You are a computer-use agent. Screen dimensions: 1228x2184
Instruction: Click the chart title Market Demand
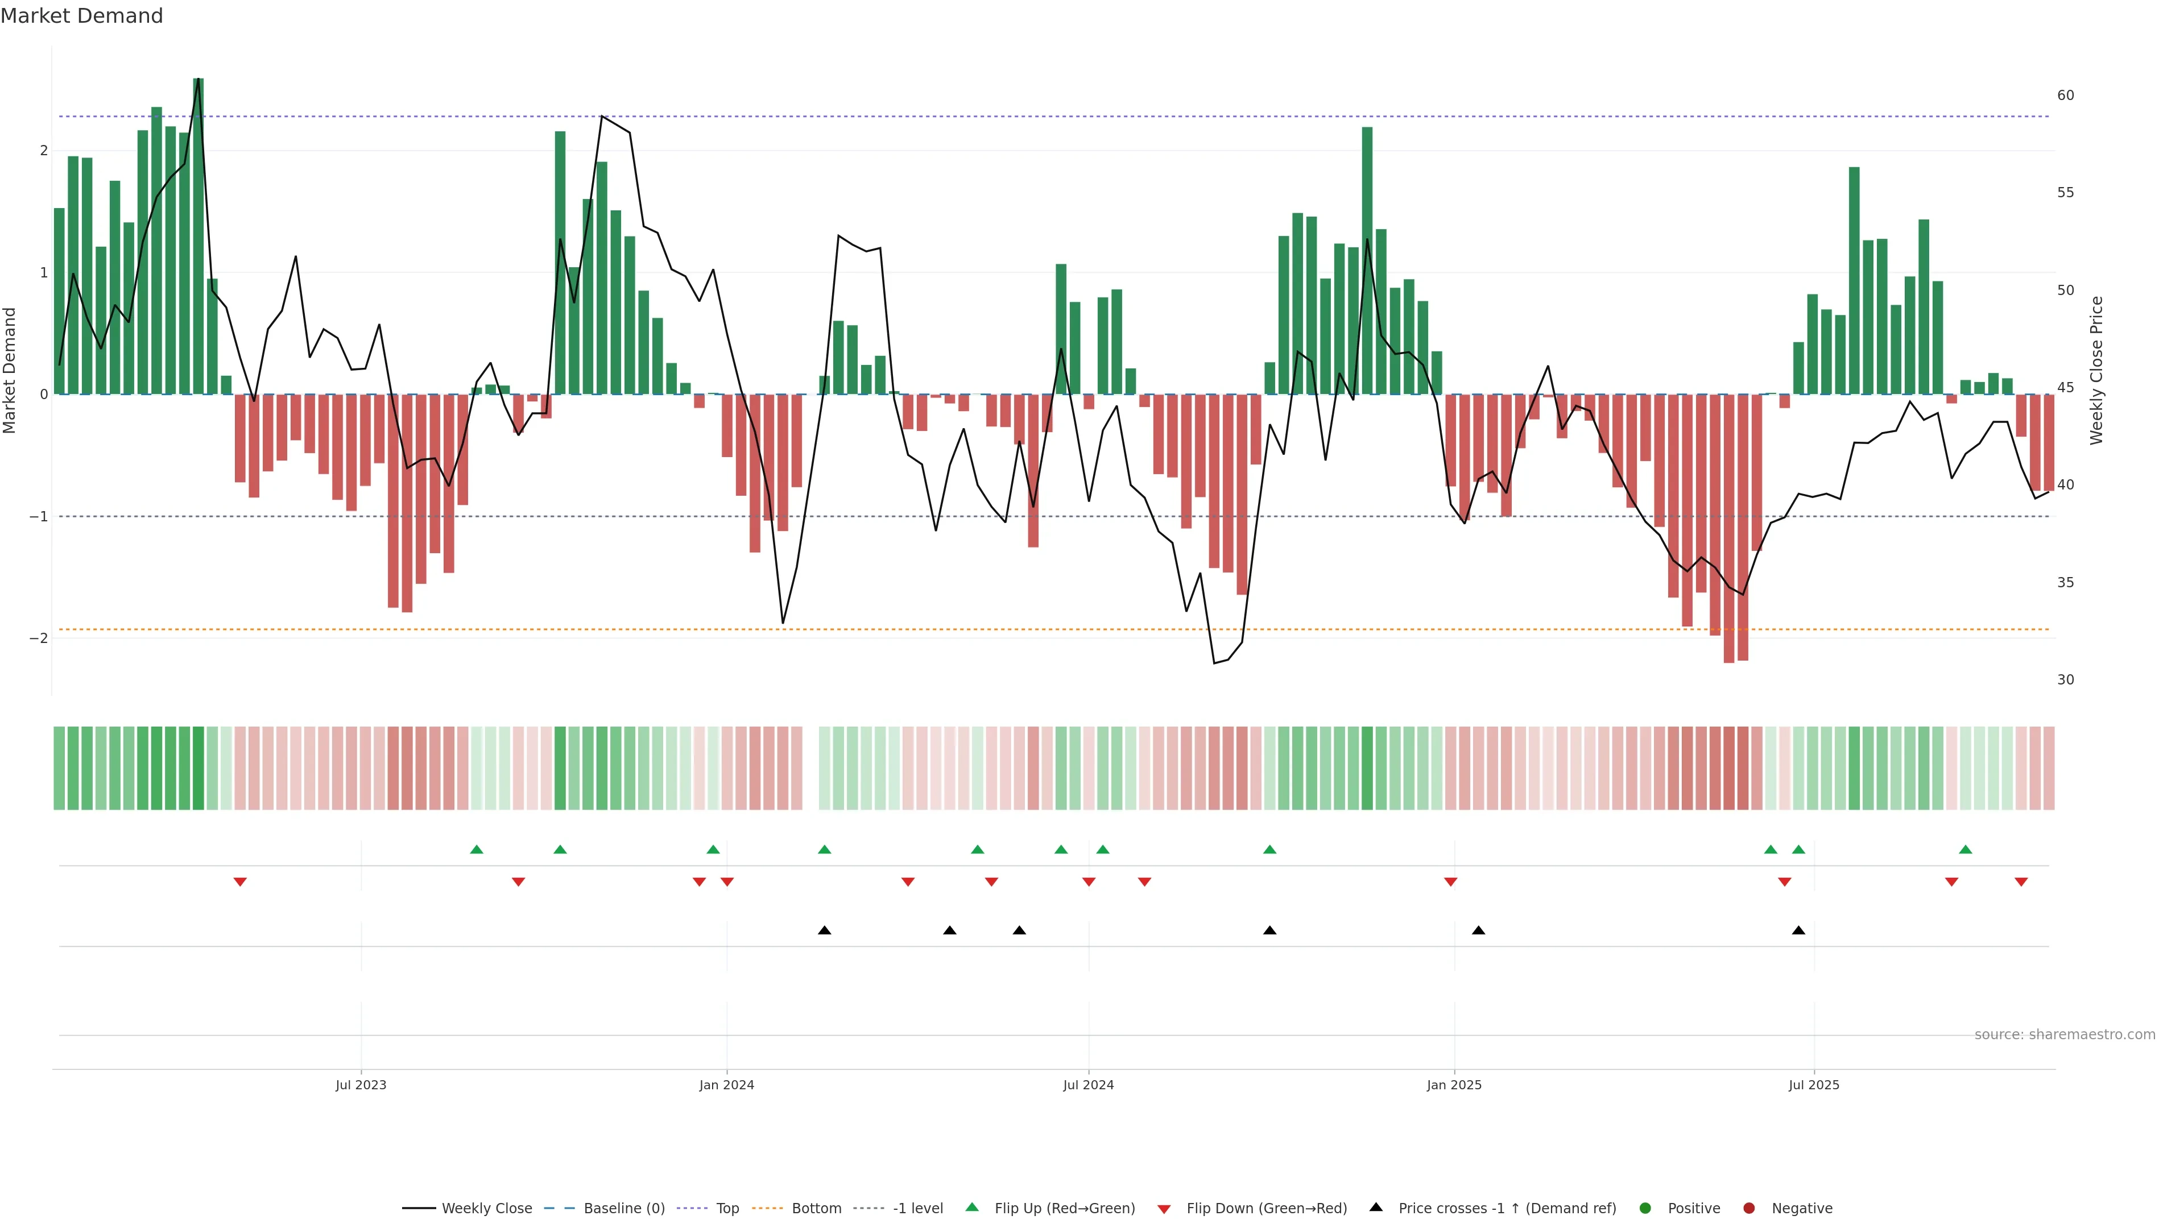point(81,16)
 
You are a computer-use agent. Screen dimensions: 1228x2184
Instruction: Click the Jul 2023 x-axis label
point(361,1085)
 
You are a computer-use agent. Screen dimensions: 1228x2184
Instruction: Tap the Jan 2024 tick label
point(727,1085)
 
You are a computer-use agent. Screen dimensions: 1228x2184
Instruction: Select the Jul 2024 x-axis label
point(1089,1085)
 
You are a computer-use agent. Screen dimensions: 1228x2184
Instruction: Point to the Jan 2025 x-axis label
point(1454,1085)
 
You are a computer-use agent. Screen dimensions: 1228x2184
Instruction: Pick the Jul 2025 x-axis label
point(1814,1085)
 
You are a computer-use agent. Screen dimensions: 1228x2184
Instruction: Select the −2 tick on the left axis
point(39,638)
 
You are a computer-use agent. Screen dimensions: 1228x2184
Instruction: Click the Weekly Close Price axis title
point(2096,370)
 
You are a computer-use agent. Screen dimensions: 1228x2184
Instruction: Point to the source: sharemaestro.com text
point(2065,1035)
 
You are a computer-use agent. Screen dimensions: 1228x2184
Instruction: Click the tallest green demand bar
point(198,237)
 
